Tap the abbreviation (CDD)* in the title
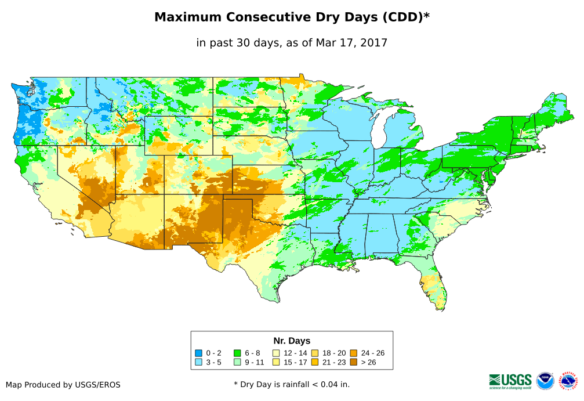coord(405,17)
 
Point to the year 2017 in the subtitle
coord(374,43)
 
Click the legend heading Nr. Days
coord(292,341)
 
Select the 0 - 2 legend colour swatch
coord(199,353)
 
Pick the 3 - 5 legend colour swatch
coord(199,363)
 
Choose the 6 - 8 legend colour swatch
coord(237,353)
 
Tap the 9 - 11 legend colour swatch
coord(237,363)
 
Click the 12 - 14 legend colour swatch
coord(276,353)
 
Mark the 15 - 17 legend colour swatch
coord(276,363)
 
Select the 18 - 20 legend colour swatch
coord(315,353)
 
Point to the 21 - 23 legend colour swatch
coord(315,363)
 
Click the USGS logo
coord(510,381)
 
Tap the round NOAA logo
coord(545,381)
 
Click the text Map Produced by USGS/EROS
coord(63,385)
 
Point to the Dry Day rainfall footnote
coord(292,384)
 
